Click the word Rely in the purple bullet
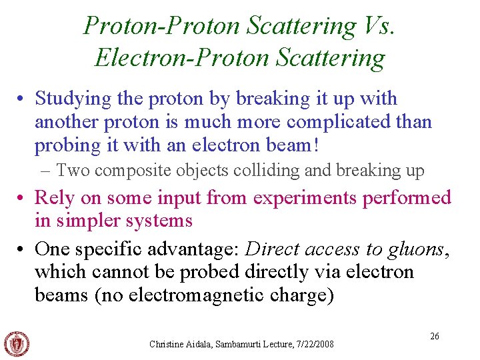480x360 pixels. (x=53, y=197)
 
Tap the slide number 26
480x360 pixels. (x=434, y=337)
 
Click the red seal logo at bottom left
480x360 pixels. (x=17, y=343)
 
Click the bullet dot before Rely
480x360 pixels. (x=23, y=198)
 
